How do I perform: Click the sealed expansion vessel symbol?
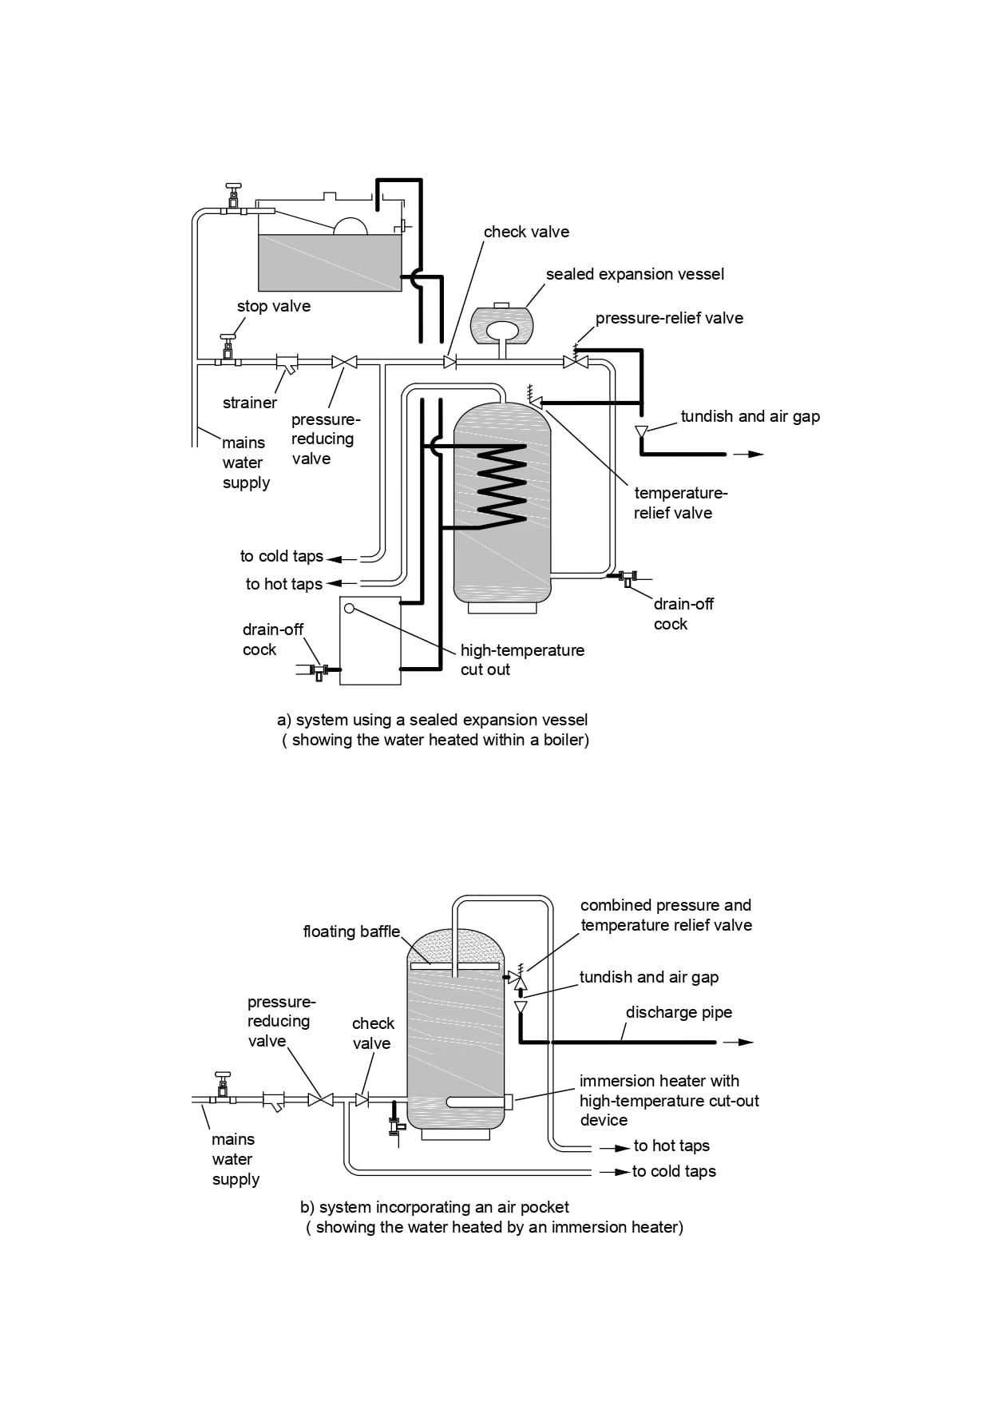[501, 326]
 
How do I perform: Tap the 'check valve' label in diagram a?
[526, 232]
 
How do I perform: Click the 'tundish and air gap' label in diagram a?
[750, 416]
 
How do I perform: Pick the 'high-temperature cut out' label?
[522, 660]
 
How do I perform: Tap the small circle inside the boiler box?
[349, 609]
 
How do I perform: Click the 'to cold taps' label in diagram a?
[281, 556]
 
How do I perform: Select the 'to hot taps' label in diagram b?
[671, 1146]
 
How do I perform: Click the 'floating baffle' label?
[351, 931]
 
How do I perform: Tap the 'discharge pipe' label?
[679, 1012]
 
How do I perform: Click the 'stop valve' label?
[273, 306]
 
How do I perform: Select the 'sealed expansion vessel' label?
[635, 274]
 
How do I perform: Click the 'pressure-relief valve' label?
[669, 318]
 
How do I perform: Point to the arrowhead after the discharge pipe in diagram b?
[745, 1042]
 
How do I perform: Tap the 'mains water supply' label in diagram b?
[236, 1159]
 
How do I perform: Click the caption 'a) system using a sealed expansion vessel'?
[432, 720]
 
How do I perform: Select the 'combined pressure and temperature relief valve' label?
[666, 915]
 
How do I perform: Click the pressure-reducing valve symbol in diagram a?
[344, 363]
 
